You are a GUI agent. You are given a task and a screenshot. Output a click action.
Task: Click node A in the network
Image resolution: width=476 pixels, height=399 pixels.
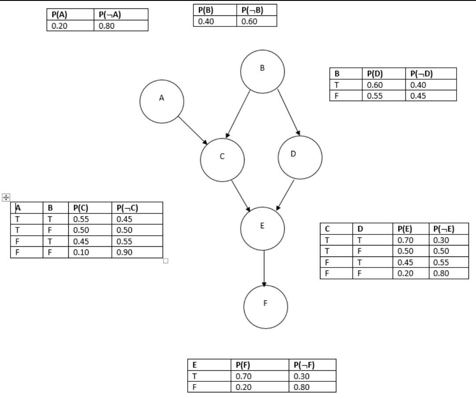[x=162, y=101]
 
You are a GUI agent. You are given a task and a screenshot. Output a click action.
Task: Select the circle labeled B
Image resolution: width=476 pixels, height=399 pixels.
[x=262, y=71]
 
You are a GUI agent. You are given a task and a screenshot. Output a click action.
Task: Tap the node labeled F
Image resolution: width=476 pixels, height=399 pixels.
[x=265, y=307]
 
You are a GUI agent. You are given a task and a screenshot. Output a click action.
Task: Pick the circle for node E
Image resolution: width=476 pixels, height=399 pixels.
[x=262, y=229]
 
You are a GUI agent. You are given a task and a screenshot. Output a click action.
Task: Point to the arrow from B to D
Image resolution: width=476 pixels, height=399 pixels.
[x=289, y=113]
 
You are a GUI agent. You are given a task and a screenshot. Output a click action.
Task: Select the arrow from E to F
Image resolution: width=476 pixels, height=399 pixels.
[x=264, y=268]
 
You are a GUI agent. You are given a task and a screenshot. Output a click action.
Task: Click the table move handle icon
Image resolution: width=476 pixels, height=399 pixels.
[x=6, y=197]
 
